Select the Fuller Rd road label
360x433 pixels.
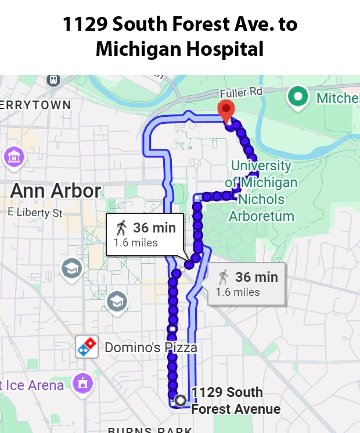point(241,92)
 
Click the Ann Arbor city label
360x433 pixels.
point(56,191)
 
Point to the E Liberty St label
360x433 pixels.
point(35,213)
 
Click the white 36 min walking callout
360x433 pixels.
point(145,234)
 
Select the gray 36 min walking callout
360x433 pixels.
point(247,284)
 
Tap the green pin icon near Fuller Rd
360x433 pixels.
point(298,97)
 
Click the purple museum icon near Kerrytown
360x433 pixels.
point(13,156)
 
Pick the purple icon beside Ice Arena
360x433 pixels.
point(83,384)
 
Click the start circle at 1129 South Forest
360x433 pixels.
point(181,400)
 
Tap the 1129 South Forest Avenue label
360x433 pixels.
point(235,400)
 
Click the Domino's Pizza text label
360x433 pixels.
point(151,348)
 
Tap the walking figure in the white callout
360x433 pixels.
point(121,227)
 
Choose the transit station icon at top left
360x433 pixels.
point(53,79)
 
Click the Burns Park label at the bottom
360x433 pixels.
point(150,430)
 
